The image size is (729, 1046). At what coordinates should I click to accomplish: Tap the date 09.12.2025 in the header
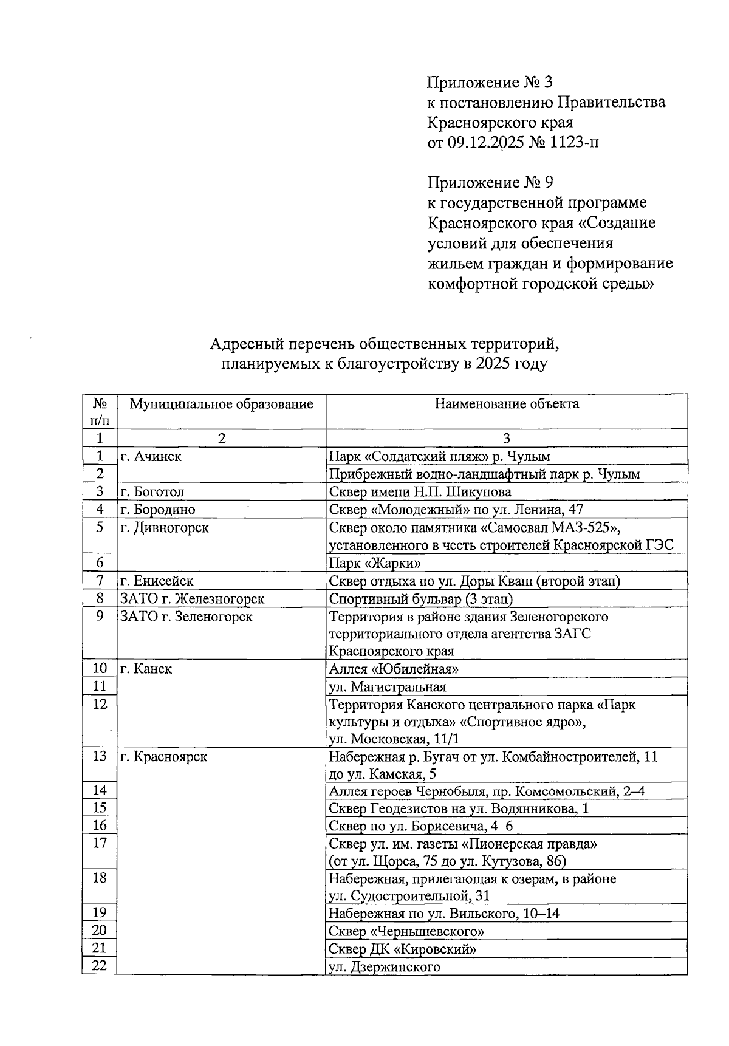[x=485, y=142]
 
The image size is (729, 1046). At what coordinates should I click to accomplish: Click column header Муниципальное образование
[x=221, y=404]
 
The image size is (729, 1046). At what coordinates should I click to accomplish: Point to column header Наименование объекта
[x=507, y=404]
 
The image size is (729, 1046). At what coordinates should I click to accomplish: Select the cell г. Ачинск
[x=151, y=456]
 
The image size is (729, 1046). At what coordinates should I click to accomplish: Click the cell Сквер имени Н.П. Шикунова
[x=420, y=491]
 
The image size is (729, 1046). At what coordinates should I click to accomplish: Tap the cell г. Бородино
[x=158, y=509]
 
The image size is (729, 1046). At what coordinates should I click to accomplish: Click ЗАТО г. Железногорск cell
[x=192, y=598]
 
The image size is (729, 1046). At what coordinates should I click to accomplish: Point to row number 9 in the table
[x=100, y=616]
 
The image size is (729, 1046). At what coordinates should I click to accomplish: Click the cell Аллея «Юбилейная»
[x=393, y=669]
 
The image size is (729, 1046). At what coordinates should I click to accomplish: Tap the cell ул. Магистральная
[x=387, y=686]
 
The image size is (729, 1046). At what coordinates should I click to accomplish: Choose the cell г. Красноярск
[x=163, y=757]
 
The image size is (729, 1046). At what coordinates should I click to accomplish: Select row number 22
[x=100, y=966]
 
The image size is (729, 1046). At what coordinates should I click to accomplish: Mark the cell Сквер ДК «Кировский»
[x=402, y=949]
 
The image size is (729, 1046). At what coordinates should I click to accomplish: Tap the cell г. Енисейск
[x=157, y=581]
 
